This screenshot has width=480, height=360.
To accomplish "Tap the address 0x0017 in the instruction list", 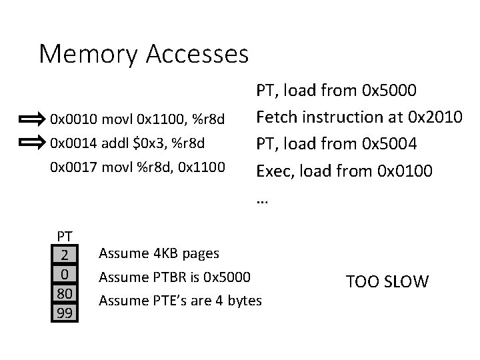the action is tap(69, 164).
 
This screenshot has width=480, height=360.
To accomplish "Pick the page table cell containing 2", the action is tap(65, 255).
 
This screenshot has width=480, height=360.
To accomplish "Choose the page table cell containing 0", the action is tap(65, 274).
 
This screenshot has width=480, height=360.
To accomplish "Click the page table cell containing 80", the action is tap(65, 293).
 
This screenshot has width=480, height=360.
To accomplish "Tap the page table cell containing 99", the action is tap(65, 312).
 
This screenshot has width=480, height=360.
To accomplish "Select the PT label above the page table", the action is tap(65, 235).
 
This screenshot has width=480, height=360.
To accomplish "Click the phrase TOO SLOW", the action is tap(387, 281).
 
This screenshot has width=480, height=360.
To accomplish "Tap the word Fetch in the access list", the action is tap(277, 117).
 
